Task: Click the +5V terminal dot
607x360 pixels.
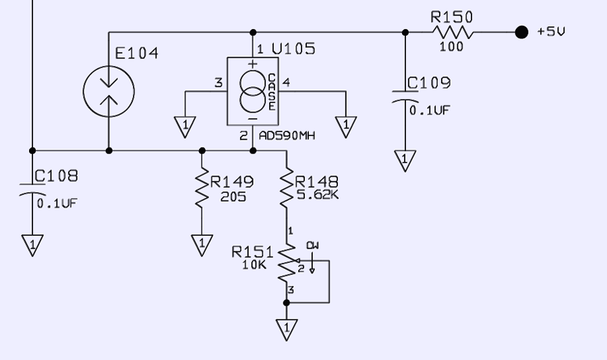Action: pos(521,32)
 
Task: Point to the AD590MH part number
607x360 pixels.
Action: pos(287,136)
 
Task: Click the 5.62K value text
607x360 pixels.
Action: pos(318,195)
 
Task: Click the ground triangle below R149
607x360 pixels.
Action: pos(202,245)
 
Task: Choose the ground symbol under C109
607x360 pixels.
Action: pos(405,160)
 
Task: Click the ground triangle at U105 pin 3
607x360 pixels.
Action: pos(185,127)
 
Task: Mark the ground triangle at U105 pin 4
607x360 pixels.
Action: pos(346,127)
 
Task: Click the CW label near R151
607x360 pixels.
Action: pos(312,245)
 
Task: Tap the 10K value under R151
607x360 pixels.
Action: pos(254,265)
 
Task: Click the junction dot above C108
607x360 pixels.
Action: pos(32,150)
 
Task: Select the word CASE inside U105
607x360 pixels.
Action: pos(272,92)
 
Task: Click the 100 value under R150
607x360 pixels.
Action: pos(451,47)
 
